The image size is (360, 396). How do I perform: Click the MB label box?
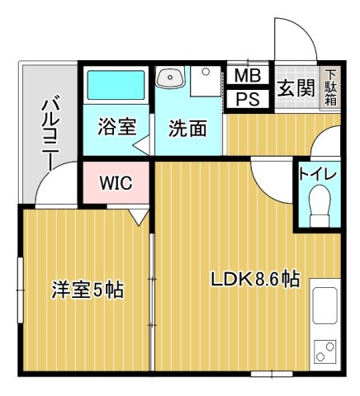[x=246, y=76]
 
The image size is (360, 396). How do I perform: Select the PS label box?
[x=246, y=99]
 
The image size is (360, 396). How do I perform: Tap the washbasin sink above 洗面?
[x=170, y=78]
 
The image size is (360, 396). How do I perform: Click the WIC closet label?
[x=115, y=182]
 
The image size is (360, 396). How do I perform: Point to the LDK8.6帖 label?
[x=254, y=279]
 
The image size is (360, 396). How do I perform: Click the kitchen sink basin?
[x=323, y=306]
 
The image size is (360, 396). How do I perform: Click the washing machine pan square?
[x=202, y=83]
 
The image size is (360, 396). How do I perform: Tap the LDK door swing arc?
[x=271, y=176]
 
